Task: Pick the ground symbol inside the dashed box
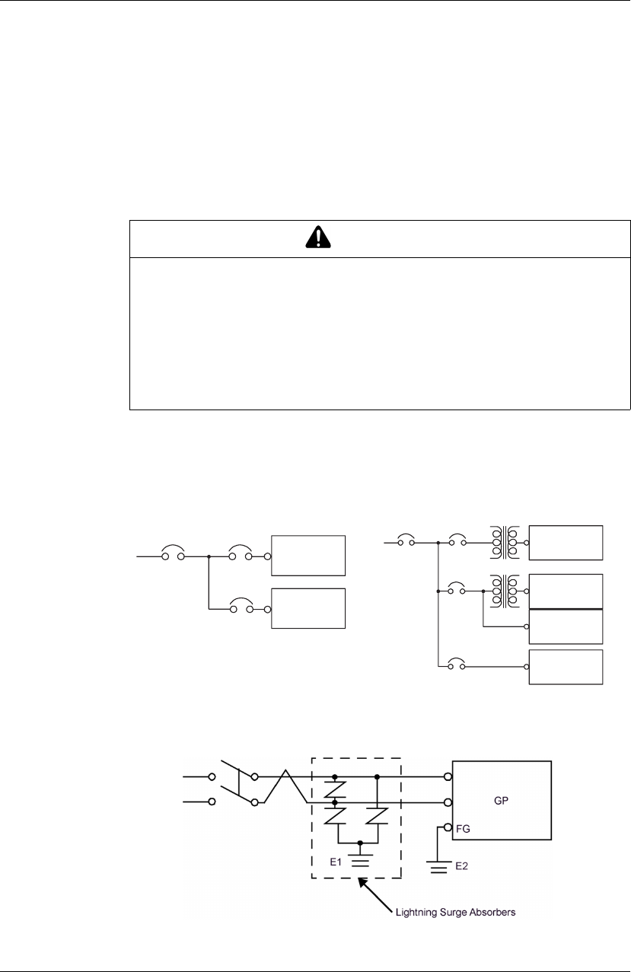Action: (x=361, y=860)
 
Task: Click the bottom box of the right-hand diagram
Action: (x=566, y=667)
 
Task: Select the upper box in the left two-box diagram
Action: (x=308, y=556)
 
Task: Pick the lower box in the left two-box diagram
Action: (x=308, y=608)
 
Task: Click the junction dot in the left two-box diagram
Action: (x=208, y=556)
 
